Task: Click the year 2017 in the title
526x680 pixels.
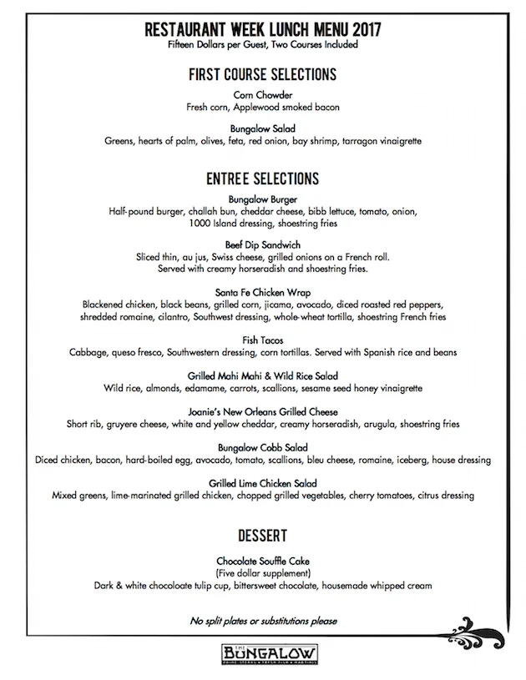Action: [x=364, y=29]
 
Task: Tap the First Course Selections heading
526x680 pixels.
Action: [x=263, y=74]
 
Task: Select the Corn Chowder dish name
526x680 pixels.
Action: [x=263, y=95]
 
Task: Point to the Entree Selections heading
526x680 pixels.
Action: [x=263, y=179]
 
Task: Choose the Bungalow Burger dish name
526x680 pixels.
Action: [x=263, y=199]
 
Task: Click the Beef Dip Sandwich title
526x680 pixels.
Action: [x=263, y=245]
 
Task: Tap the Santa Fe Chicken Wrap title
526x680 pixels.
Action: [x=263, y=292]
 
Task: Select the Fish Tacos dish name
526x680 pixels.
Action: [x=263, y=340]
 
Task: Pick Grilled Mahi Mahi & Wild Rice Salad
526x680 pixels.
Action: [x=263, y=375]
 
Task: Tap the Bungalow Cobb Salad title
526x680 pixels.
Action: [x=263, y=447]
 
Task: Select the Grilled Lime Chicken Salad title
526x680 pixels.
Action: [x=263, y=483]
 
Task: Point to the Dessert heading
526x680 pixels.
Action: [x=263, y=535]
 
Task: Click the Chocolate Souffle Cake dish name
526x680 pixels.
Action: [x=263, y=562]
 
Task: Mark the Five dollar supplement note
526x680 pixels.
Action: [x=263, y=573]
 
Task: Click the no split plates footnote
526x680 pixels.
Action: [x=263, y=621]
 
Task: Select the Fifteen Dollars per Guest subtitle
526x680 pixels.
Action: [x=263, y=44]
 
